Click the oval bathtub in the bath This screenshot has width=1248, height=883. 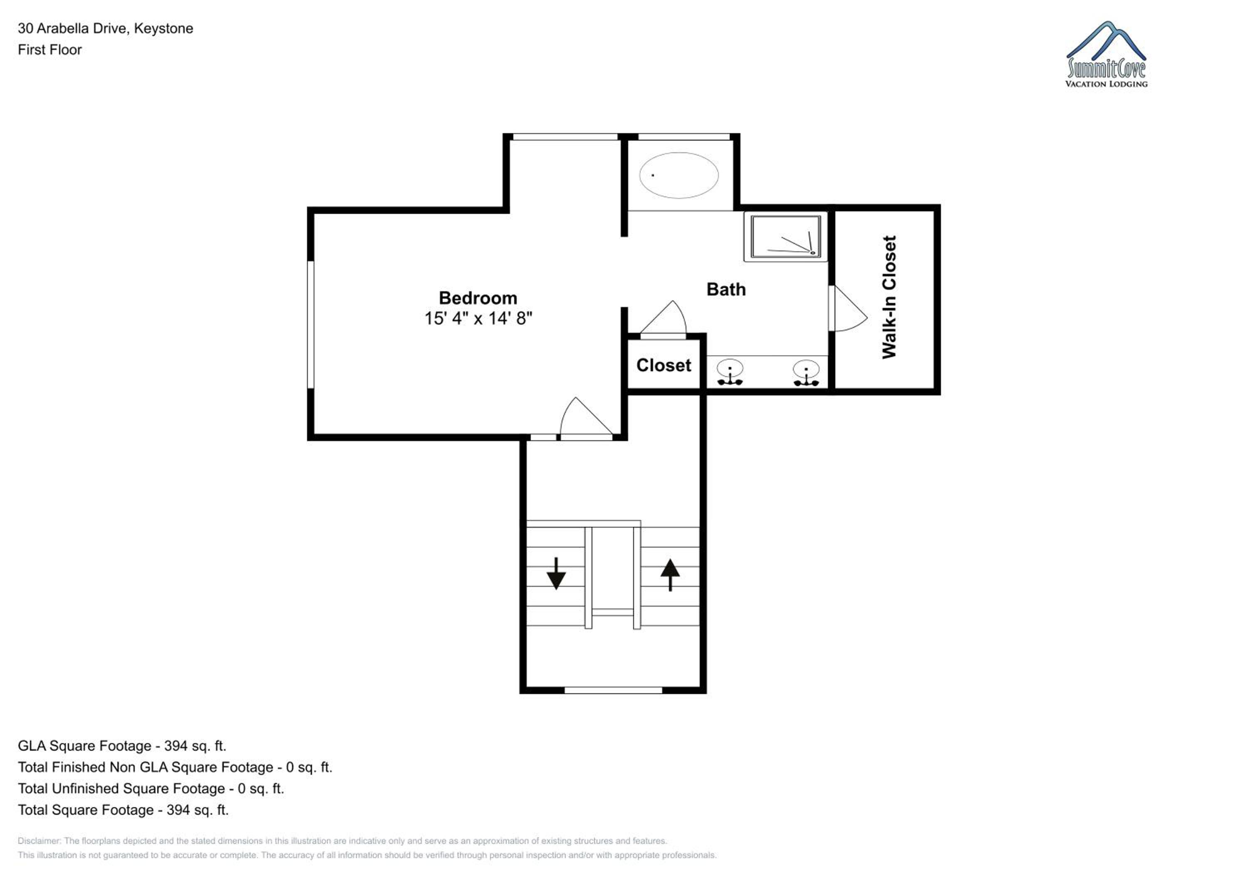pos(678,175)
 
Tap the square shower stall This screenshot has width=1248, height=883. pos(785,236)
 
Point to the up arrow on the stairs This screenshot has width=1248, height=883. pos(670,575)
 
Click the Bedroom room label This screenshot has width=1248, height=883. pos(478,298)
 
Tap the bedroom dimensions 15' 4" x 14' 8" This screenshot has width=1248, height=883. pos(478,318)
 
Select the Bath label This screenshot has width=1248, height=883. pos(726,289)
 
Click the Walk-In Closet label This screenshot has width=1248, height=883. pos(889,297)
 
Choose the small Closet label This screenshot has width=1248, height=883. pos(664,365)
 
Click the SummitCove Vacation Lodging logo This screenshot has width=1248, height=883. pos(1106,55)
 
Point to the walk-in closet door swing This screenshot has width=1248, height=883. pos(847,308)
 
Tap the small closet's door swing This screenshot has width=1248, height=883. pos(663,320)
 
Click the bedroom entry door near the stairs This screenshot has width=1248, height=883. pos(587,418)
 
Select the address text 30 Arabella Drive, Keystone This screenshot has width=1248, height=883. pos(105,28)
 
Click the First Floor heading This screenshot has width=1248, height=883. pos(50,50)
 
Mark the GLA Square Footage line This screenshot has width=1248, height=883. pos(122,746)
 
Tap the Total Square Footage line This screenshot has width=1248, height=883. pos(123,810)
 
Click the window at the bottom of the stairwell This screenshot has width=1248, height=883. pos(613,690)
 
